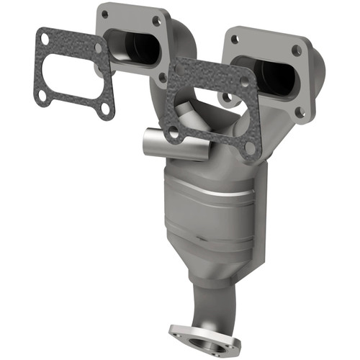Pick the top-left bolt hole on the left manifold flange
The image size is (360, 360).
click(105, 14)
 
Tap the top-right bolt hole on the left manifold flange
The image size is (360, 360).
click(156, 22)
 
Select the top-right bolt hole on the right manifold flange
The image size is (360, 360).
click(296, 50)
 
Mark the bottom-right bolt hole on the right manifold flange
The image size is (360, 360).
click(300, 112)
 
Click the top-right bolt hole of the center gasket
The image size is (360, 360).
click(244, 82)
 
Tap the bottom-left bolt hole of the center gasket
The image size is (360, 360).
click(174, 132)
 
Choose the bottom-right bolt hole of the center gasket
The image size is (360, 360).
click(249, 148)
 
